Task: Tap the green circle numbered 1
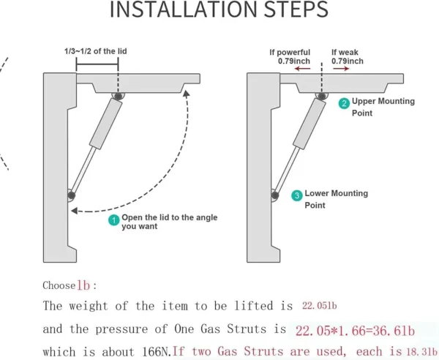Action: (x=113, y=220)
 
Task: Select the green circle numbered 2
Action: (x=343, y=104)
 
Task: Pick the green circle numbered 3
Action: (x=296, y=195)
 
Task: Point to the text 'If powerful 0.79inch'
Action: (x=290, y=56)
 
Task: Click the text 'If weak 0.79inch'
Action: (x=346, y=56)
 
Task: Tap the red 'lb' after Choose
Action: (x=84, y=285)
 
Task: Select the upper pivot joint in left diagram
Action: (x=118, y=96)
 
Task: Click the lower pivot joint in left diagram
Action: (x=71, y=195)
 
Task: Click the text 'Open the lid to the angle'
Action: (x=169, y=217)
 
